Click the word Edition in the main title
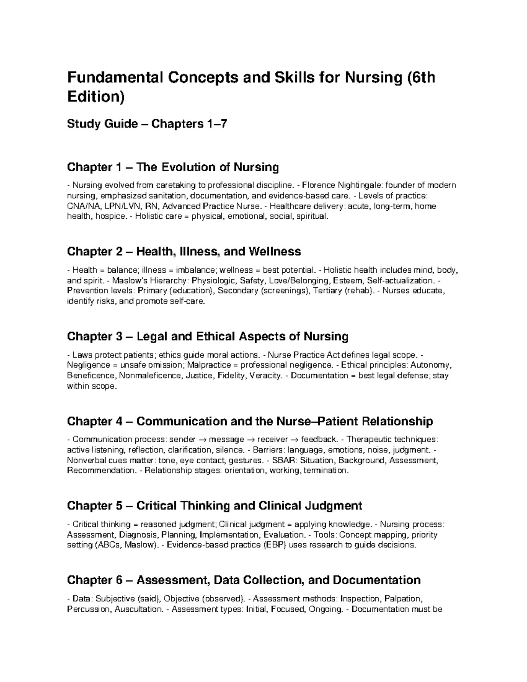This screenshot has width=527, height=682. point(93,97)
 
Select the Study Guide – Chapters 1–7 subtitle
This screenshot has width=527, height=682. point(147,124)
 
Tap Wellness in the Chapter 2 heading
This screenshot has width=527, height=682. point(274,252)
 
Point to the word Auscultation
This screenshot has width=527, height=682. point(138,609)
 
